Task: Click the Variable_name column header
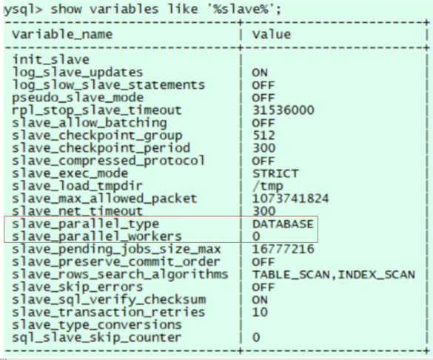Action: tap(62, 35)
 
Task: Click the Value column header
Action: tap(272, 35)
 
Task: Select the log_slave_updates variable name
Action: tap(78, 73)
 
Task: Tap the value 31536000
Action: tap(283, 110)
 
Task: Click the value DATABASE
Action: tap(283, 224)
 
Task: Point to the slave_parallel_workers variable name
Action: tap(97, 237)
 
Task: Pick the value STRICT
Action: tap(275, 173)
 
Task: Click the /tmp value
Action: tap(268, 186)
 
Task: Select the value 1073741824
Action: tap(290, 199)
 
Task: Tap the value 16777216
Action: tap(283, 249)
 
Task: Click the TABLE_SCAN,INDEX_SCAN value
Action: tap(334, 274)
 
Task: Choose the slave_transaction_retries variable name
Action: tap(109, 312)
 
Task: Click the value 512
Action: tap(264, 136)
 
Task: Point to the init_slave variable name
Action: tap(51, 60)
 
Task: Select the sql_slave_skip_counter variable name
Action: tap(97, 338)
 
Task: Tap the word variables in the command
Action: tap(124, 9)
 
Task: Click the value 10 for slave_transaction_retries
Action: tap(260, 312)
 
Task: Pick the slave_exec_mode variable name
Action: tap(70, 173)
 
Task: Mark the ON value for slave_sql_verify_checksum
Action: tap(260, 300)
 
